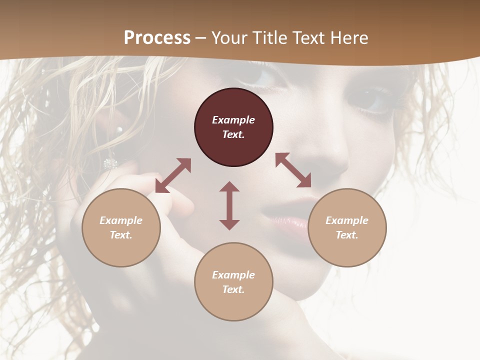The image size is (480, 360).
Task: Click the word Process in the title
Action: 157,38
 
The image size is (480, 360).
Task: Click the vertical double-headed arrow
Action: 229,205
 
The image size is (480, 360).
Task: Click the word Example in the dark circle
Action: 233,120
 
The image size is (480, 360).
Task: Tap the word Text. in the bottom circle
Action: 233,289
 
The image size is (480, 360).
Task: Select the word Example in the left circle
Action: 121,220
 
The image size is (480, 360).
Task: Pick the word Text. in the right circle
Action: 347,235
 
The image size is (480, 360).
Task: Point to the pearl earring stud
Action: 119,129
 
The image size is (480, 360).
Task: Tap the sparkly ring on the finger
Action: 110,163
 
